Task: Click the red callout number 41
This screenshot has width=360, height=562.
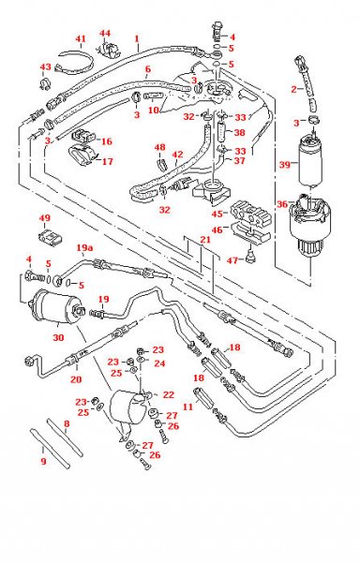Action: (81, 38)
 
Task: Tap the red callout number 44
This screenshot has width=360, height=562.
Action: (105, 34)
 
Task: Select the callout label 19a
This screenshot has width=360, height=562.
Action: (85, 247)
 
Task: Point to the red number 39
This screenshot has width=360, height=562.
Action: (285, 165)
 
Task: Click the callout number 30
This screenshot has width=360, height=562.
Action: (58, 337)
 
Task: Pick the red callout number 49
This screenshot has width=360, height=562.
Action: (45, 218)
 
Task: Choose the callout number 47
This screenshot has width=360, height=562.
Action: (232, 259)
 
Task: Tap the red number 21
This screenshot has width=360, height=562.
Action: (205, 239)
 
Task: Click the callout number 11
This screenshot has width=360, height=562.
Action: (187, 407)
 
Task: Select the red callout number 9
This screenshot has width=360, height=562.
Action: (43, 461)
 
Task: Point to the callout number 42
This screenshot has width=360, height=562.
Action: (177, 155)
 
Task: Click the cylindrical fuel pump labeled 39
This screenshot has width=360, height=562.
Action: (310, 161)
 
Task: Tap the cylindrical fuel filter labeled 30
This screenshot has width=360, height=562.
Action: (57, 307)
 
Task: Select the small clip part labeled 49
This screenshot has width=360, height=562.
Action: (50, 238)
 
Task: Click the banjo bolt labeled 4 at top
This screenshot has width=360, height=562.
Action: (216, 31)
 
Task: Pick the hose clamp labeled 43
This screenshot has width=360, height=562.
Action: (45, 83)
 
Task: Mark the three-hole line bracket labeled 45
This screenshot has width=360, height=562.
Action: (250, 214)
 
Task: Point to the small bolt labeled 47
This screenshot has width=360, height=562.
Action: (250, 256)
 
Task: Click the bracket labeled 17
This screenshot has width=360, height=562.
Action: (83, 155)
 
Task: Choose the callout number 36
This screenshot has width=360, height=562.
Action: (282, 204)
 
